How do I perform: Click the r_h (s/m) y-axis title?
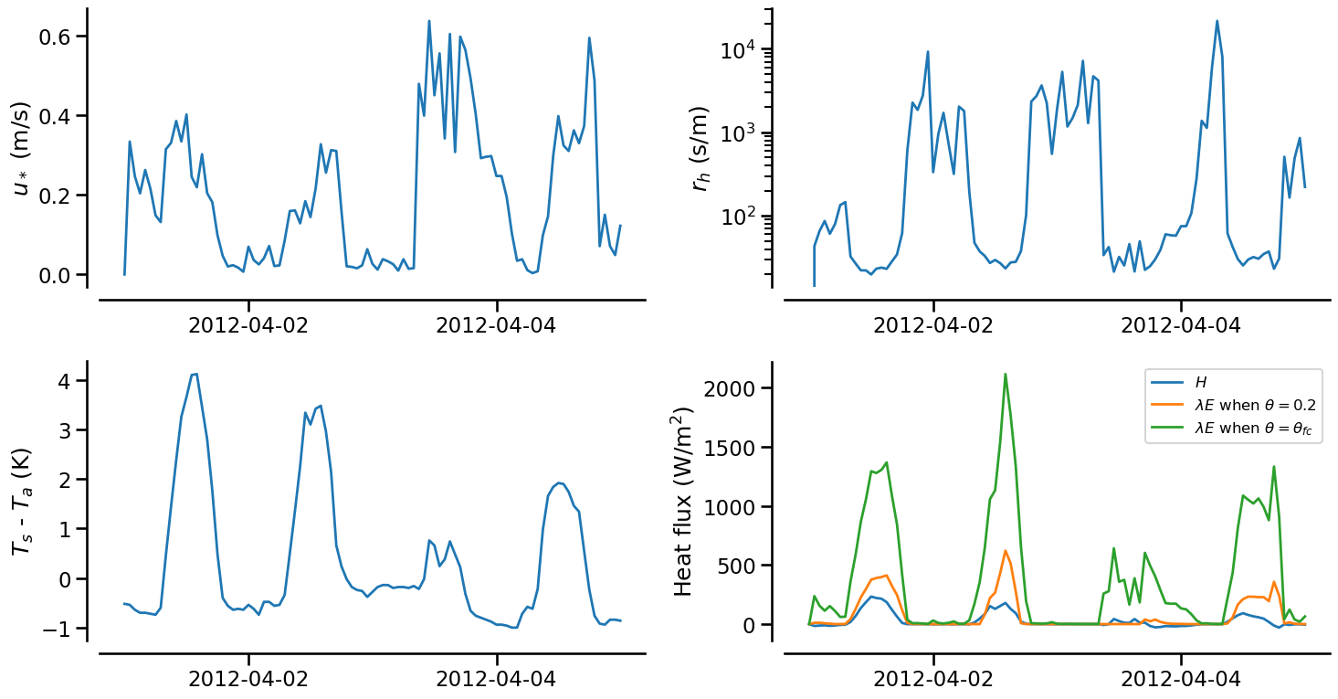701,148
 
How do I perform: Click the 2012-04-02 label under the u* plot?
248,325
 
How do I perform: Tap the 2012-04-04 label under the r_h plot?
1181,325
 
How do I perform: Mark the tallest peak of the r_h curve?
1217,21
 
